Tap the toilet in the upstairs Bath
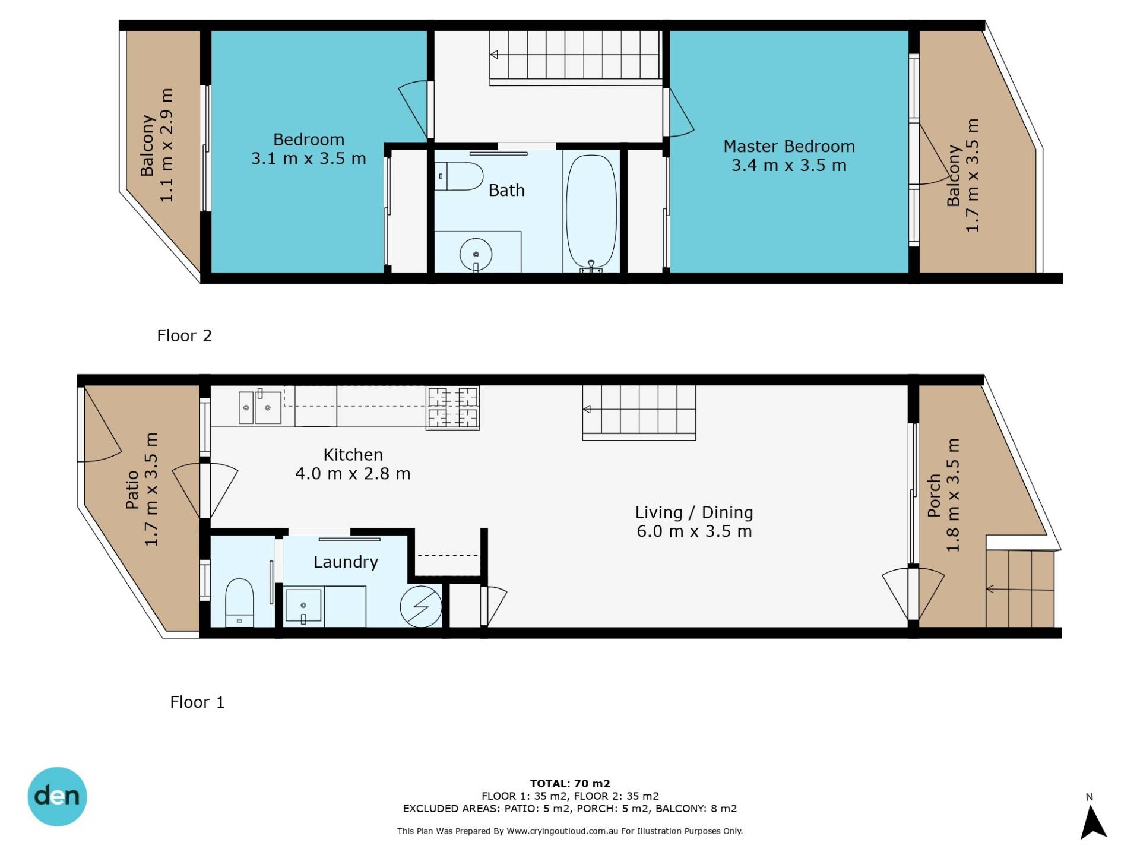click(x=458, y=176)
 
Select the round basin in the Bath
click(x=476, y=255)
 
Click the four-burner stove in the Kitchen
click(x=452, y=407)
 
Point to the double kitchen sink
click(x=260, y=407)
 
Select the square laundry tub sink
click(x=303, y=606)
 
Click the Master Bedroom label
click(x=789, y=147)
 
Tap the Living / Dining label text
click(x=694, y=512)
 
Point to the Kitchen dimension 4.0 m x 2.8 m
click(x=353, y=474)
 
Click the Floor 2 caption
click(x=184, y=336)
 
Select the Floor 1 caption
click(x=197, y=702)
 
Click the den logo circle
click(x=57, y=797)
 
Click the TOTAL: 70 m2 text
click(x=570, y=784)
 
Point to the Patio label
click(x=132, y=490)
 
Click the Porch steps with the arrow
click(x=1020, y=589)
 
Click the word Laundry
click(x=346, y=562)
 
